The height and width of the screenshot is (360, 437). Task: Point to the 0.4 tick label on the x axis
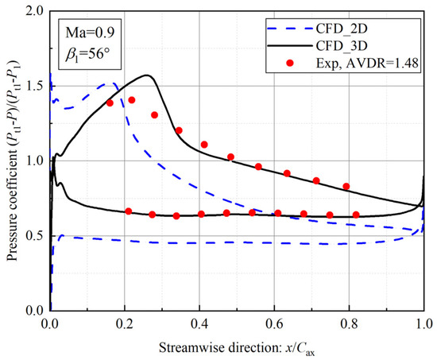point(199,323)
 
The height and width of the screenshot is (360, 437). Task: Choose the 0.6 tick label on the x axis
point(274,323)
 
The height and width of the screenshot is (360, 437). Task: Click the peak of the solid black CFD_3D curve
point(148,75)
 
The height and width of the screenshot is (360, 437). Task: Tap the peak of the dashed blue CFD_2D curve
point(108,83)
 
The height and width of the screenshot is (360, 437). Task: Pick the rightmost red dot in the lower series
point(356,215)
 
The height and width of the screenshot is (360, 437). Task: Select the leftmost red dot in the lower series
point(129,211)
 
